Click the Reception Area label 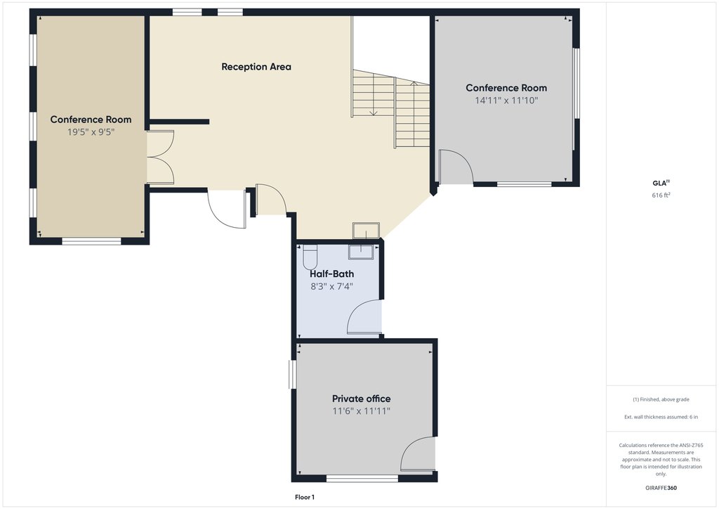[x=256, y=67]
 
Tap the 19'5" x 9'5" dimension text [x=91, y=132]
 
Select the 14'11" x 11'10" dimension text [x=506, y=101]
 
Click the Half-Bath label [x=331, y=274]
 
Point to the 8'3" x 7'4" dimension [x=331, y=287]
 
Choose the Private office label [x=362, y=399]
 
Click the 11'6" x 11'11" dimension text [x=362, y=411]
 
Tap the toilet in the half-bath [x=310, y=258]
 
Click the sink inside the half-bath [x=362, y=252]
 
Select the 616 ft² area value [x=661, y=195]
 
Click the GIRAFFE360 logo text [x=661, y=488]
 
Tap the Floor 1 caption [x=305, y=497]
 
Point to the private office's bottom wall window [x=362, y=479]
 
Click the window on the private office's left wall [x=292, y=375]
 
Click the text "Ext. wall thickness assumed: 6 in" [x=661, y=417]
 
